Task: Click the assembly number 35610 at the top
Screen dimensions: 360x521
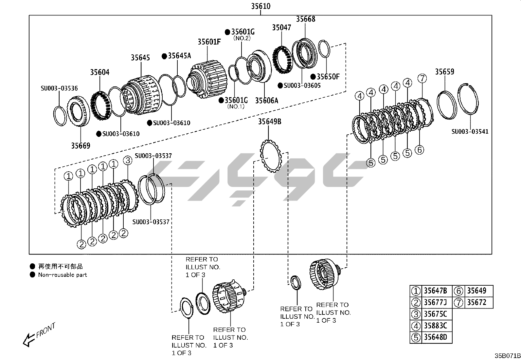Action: [260, 6]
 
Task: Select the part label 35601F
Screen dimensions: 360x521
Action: [209, 42]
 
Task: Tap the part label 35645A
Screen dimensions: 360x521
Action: [179, 56]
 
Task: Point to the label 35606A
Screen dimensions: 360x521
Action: [266, 100]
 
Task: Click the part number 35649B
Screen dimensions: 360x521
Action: [269, 122]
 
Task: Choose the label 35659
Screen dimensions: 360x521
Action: [444, 71]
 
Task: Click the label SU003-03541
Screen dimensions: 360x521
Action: [470, 132]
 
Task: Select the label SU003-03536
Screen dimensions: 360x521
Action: [59, 88]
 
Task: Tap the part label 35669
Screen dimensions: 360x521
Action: [81, 145]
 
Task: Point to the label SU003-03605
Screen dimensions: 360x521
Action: [302, 85]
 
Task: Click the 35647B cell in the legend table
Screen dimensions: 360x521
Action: [435, 291]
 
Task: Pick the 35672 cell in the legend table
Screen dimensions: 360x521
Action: [476, 302]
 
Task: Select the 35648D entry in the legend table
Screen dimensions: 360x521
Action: [435, 337]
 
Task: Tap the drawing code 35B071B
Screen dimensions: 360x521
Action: [507, 356]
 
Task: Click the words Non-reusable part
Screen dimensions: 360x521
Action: [63, 275]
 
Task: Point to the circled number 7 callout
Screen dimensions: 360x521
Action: [422, 79]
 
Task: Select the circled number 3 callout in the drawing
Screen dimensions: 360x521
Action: [127, 161]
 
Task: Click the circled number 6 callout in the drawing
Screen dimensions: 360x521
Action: [419, 150]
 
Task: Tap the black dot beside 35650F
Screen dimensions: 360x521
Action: [313, 77]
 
